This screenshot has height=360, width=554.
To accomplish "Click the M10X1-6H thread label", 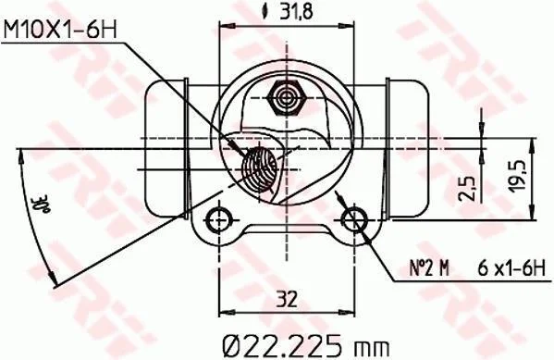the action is [x=60, y=30].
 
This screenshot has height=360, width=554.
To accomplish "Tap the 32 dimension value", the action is [x=287, y=300].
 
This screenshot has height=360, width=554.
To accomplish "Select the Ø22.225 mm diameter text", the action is [x=306, y=345].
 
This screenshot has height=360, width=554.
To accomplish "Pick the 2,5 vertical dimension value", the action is [x=467, y=189].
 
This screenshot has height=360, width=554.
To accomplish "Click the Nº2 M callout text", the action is [x=429, y=268].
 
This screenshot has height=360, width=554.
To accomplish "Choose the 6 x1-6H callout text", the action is [x=511, y=268].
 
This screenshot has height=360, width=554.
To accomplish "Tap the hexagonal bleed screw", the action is [x=286, y=98].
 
